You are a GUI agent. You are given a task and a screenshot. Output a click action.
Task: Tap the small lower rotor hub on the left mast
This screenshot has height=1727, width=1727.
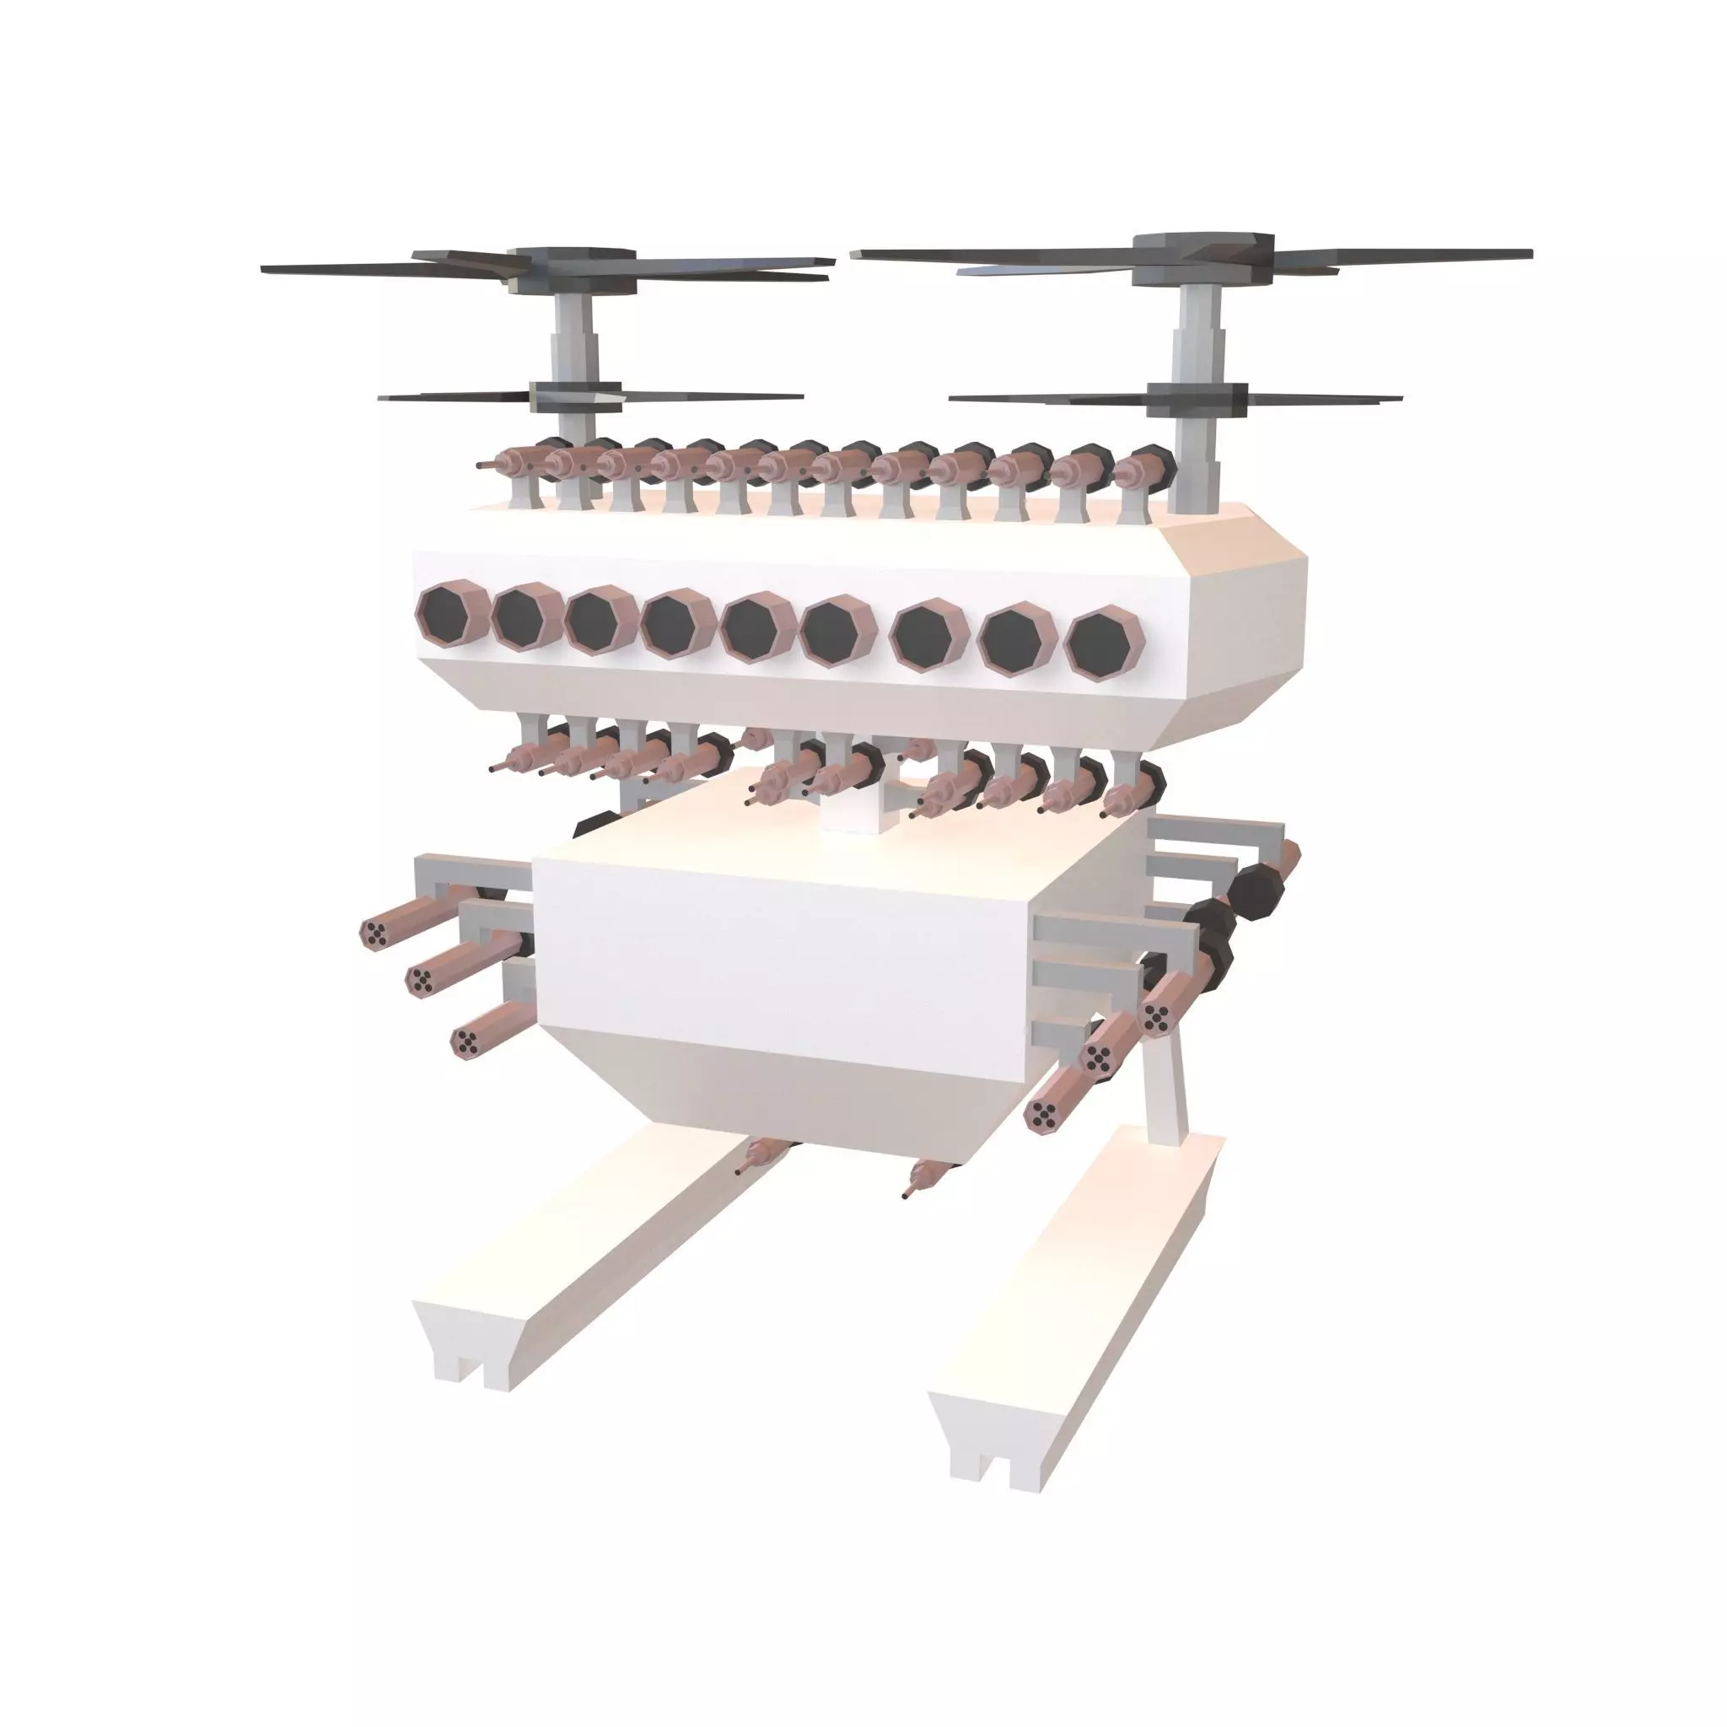(575, 396)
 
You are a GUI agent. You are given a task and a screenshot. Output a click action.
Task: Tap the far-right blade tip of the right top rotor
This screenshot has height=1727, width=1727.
(1529, 255)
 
